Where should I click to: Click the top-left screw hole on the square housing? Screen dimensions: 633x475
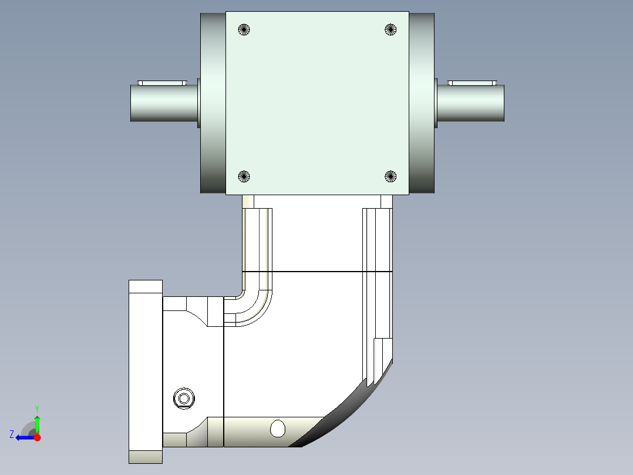tap(244, 29)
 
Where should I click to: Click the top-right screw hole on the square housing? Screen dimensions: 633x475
tap(390, 29)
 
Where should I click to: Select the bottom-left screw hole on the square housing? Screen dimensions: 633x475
tap(244, 177)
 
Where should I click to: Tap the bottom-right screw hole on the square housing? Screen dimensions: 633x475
tap(390, 177)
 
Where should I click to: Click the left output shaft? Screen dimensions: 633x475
tap(164, 103)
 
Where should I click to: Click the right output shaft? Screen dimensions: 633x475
tap(471, 103)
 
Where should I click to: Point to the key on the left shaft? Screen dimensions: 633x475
tap(162, 83)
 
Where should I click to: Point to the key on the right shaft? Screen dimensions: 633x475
tap(472, 83)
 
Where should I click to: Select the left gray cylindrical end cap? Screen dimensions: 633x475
tap(213, 103)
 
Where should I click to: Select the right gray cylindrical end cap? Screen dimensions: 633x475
tap(422, 103)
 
